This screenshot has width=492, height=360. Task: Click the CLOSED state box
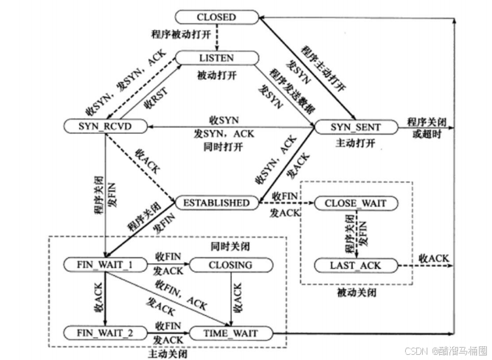[216, 17]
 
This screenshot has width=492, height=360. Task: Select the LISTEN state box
[216, 58]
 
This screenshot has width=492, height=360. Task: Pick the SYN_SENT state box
[355, 125]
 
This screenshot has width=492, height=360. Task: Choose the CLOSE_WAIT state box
[356, 203]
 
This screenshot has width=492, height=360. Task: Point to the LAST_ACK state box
[356, 265]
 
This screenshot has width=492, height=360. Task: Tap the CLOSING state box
[229, 265]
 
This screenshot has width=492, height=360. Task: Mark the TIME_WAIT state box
[229, 333]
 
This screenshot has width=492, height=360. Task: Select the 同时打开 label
[223, 146]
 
